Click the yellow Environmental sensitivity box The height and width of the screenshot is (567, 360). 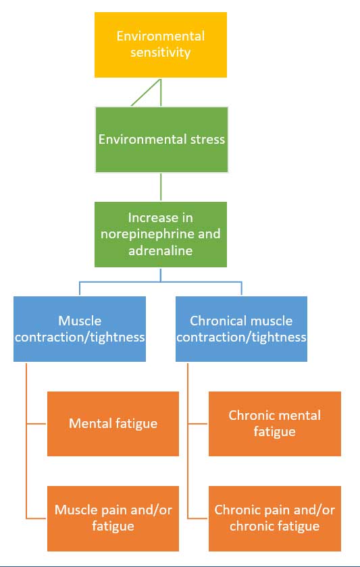tap(161, 45)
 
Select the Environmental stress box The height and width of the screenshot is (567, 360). tap(161, 140)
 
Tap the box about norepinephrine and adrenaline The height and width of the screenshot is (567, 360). tap(161, 234)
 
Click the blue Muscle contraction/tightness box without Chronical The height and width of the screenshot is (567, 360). tap(80, 329)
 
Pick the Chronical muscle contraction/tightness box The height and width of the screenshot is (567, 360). tap(241, 329)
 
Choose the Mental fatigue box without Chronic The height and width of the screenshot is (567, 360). tap(113, 423)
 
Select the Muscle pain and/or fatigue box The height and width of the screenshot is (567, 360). tap(113, 518)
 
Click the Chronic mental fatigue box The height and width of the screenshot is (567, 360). tap(275, 423)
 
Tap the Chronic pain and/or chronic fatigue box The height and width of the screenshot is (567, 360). tap(275, 518)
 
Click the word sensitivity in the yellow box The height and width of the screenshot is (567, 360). tap(161, 53)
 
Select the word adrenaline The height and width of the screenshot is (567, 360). tap(161, 250)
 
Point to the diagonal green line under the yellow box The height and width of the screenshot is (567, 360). tap(146, 92)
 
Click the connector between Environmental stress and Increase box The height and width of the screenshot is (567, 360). tap(161, 187)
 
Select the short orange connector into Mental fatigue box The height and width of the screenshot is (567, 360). tap(36, 423)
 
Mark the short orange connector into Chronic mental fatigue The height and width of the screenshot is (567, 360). tap(198, 423)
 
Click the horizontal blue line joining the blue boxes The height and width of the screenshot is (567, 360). tap(161, 281)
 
